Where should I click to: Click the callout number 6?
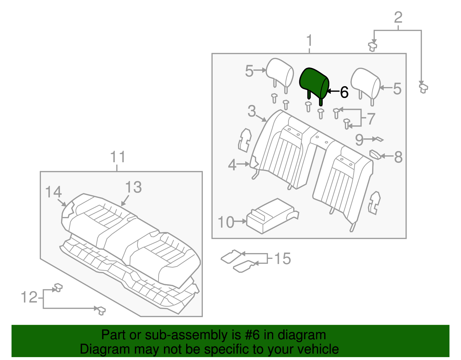[344, 92]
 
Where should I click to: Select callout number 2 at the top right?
[398, 18]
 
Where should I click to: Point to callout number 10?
[226, 222]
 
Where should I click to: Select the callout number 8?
[398, 157]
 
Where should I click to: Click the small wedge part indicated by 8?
[375, 154]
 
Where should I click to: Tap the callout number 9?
[359, 140]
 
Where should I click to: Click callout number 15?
[282, 259]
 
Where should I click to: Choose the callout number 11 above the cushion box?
[118, 157]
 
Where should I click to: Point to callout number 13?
[133, 187]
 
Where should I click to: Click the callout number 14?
[54, 192]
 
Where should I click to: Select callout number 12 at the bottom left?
[29, 297]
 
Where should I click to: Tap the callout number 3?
[252, 111]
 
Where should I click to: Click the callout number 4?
[232, 165]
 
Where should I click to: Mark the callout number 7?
[371, 118]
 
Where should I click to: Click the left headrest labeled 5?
[279, 72]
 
